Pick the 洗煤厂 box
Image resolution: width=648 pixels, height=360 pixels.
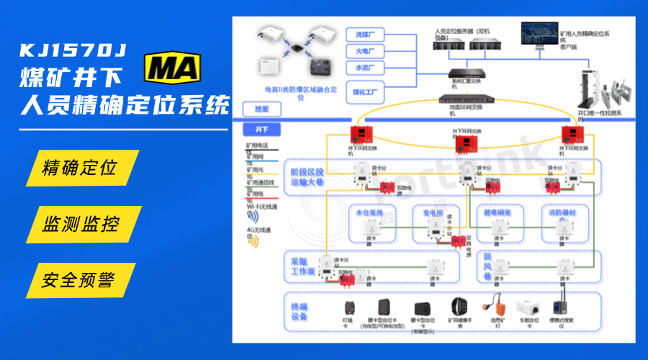[365, 35]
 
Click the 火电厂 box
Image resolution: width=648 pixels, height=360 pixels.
[365, 51]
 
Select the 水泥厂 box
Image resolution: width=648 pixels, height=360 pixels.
[365, 68]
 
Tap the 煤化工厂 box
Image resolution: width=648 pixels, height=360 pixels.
[365, 91]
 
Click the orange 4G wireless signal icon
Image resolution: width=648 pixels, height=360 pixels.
[253, 242]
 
